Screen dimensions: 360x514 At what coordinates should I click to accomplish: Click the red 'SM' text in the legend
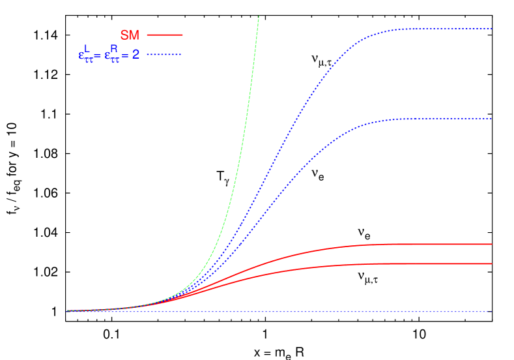(130, 35)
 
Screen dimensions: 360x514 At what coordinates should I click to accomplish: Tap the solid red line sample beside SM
(165, 35)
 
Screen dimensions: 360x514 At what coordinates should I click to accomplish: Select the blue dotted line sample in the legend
(164, 55)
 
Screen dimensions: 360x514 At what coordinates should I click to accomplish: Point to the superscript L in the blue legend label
(86, 48)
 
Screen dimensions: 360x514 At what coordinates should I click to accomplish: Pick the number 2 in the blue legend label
(136, 55)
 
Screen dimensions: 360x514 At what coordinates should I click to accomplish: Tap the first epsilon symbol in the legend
(81, 56)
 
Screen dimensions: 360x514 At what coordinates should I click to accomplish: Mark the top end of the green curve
(259, 16)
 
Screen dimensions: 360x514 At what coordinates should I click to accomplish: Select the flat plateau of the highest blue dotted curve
(443, 29)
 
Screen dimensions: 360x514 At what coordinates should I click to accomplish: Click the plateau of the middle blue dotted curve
(443, 119)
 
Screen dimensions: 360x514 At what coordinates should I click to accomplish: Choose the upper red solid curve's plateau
(443, 244)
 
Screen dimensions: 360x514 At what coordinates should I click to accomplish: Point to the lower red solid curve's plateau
(443, 263)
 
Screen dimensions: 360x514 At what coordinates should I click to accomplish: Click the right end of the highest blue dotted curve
(491, 29)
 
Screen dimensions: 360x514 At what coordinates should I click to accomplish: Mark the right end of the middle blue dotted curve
(491, 119)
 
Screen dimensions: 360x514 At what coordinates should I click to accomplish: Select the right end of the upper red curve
(491, 244)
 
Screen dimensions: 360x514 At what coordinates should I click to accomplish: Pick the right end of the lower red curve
(491, 263)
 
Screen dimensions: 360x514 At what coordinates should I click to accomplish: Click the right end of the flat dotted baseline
(489, 312)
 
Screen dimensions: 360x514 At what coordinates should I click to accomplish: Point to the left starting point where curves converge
(68, 311)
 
